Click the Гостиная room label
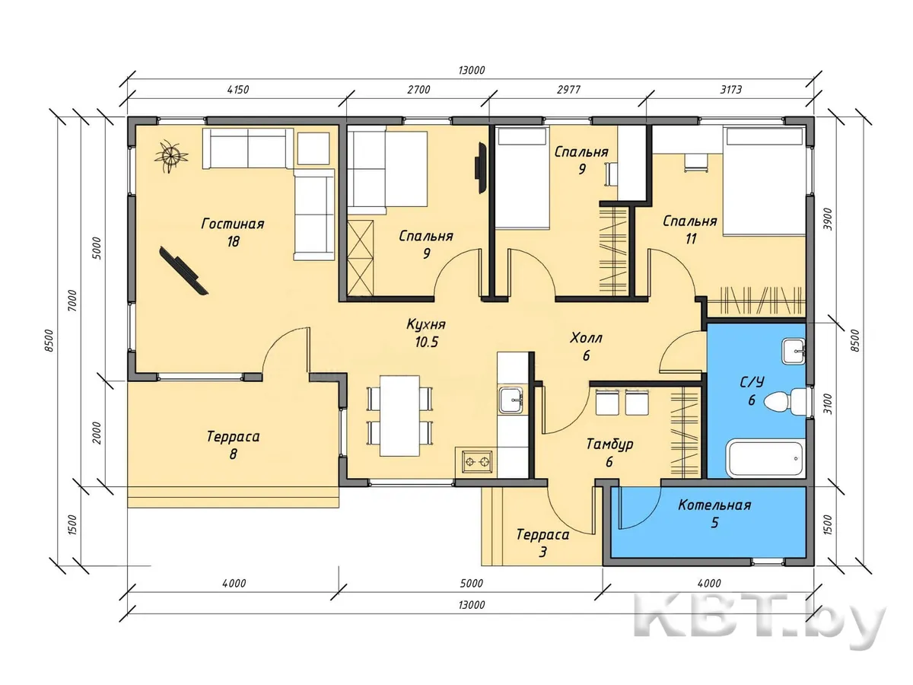click(x=233, y=224)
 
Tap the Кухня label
click(x=425, y=324)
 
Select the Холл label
click(x=586, y=338)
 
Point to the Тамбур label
click(x=609, y=444)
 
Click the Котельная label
click(x=714, y=505)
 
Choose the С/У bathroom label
click(x=752, y=382)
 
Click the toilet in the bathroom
click(x=785, y=401)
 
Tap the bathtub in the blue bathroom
click(x=765, y=460)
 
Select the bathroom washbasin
click(x=794, y=351)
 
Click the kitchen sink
click(x=511, y=400)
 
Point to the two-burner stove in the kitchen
click(x=477, y=461)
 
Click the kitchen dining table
click(x=399, y=416)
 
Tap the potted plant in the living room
click(x=171, y=156)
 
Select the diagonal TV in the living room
click(x=183, y=270)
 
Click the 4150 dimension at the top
click(x=238, y=89)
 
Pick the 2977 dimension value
click(x=568, y=89)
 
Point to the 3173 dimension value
click(x=731, y=89)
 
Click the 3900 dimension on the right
click(x=828, y=219)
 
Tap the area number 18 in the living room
click(x=233, y=241)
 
